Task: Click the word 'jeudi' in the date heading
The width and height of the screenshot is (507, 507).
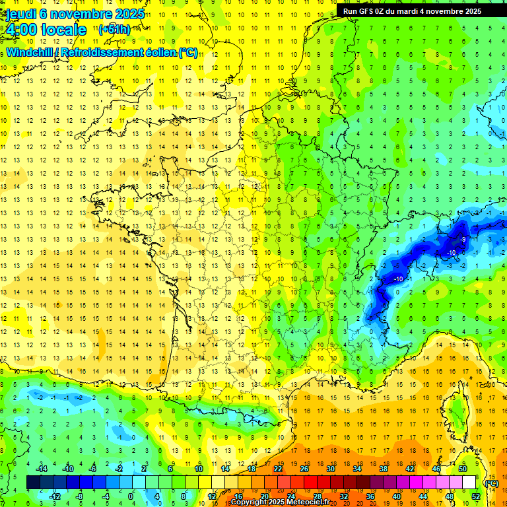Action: click(x=20, y=14)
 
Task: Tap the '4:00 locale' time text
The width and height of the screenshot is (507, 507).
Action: click(x=46, y=30)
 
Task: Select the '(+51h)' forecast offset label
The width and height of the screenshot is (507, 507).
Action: click(x=114, y=30)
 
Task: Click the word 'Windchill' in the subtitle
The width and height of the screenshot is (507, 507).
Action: click(x=30, y=53)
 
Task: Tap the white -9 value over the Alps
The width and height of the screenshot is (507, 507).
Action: click(x=463, y=239)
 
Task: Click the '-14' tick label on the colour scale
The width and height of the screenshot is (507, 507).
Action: click(x=41, y=469)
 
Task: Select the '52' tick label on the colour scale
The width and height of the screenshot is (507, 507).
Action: click(x=476, y=496)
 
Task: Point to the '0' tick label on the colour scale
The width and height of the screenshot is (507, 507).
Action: click(x=131, y=496)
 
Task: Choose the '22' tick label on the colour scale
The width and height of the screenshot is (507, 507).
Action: click(x=278, y=469)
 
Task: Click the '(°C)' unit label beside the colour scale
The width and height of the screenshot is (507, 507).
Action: click(x=491, y=483)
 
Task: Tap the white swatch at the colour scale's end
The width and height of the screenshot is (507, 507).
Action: click(x=469, y=483)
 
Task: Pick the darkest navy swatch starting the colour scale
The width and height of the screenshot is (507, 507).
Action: click(x=33, y=483)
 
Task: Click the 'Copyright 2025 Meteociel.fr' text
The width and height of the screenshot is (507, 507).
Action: click(x=280, y=502)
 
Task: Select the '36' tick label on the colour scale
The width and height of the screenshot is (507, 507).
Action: click(x=370, y=496)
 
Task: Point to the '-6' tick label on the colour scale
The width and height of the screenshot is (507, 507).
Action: click(x=92, y=469)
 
